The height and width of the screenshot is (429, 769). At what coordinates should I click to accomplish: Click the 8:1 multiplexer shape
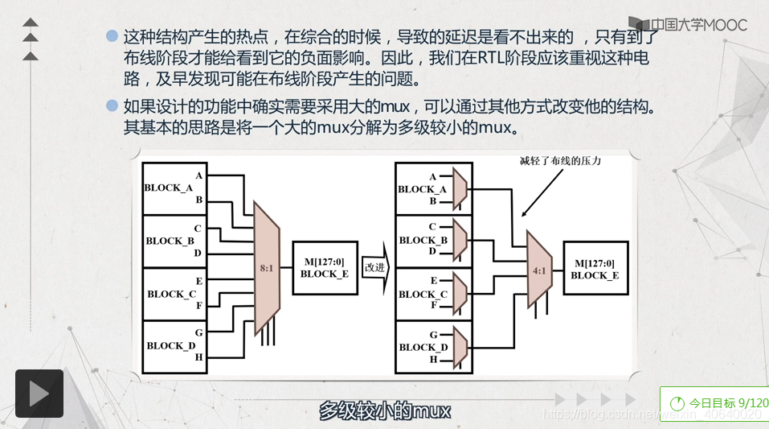pyautogui.click(x=267, y=266)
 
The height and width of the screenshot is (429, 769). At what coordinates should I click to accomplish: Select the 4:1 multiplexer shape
pyautogui.click(x=538, y=270)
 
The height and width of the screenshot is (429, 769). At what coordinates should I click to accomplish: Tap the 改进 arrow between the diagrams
pyautogui.click(x=375, y=267)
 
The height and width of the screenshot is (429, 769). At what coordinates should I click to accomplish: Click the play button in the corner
pyautogui.click(x=39, y=394)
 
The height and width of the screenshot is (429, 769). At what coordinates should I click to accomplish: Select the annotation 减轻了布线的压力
pyautogui.click(x=561, y=161)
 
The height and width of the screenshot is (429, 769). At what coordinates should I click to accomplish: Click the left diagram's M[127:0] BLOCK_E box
pyautogui.click(x=325, y=268)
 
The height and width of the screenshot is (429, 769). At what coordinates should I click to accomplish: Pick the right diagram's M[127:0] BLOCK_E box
pyautogui.click(x=595, y=269)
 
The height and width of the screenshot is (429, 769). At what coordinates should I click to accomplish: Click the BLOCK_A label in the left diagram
pyautogui.click(x=168, y=188)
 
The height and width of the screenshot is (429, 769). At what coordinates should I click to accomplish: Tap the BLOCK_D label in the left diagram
pyautogui.click(x=170, y=345)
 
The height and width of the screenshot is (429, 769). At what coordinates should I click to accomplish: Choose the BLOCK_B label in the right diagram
pyautogui.click(x=423, y=240)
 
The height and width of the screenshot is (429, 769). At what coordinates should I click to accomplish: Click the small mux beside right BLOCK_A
pyautogui.click(x=461, y=188)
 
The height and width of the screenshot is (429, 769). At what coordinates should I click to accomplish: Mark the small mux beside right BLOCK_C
pyautogui.click(x=461, y=293)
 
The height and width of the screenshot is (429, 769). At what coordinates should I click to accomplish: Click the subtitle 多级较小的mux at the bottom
pyautogui.click(x=385, y=410)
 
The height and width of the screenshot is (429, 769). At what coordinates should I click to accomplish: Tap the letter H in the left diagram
pyautogui.click(x=198, y=357)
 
